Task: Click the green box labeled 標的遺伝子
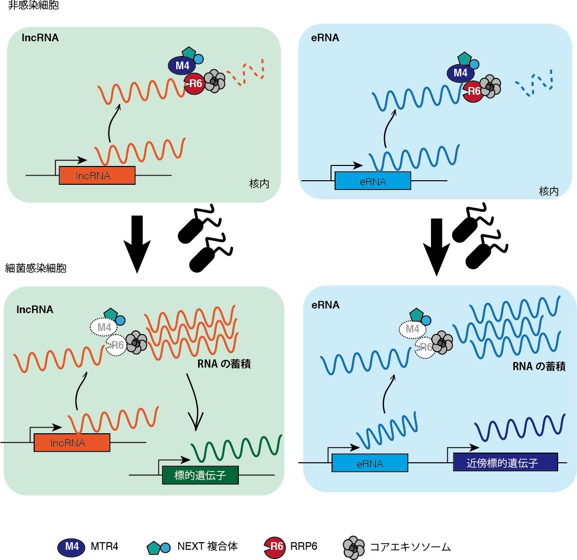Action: tap(200, 475)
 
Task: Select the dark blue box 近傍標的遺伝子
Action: tap(505, 462)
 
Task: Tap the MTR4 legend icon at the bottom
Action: tap(71, 547)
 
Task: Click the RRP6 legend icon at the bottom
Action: tap(275, 547)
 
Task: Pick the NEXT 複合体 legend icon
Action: tap(158, 547)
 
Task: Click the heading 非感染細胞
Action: tap(34, 6)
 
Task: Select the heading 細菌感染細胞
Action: tap(36, 268)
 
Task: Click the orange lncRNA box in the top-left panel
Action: tap(97, 176)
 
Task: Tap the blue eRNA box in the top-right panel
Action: tap(372, 181)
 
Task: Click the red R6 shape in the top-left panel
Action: tap(195, 84)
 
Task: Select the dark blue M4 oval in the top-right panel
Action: tap(460, 73)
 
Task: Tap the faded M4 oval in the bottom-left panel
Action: tap(103, 327)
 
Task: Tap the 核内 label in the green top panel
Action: tap(259, 184)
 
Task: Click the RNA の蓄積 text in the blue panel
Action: tap(538, 366)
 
